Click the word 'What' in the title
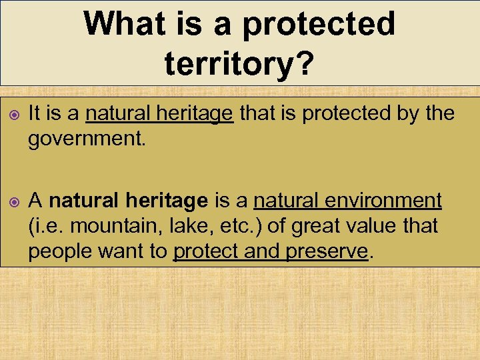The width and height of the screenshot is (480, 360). (123, 23)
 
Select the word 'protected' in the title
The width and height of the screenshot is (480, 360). (319, 23)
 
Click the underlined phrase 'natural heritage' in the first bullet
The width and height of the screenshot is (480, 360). (160, 113)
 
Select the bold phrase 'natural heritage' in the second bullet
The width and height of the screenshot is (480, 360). (129, 200)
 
